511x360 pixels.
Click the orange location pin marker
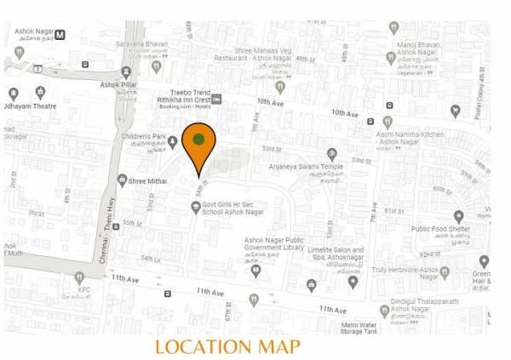point(198,146)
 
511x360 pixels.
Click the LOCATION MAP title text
point(227,346)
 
